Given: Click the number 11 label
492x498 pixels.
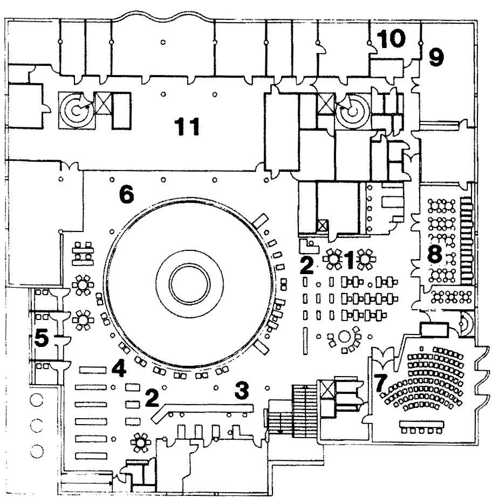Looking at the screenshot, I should (186, 127).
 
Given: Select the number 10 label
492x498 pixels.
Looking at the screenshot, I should (390, 39).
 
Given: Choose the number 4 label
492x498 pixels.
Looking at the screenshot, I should (119, 370).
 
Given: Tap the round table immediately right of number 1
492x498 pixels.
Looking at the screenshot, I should (367, 259).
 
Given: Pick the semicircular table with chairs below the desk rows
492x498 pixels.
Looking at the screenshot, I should (346, 338).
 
